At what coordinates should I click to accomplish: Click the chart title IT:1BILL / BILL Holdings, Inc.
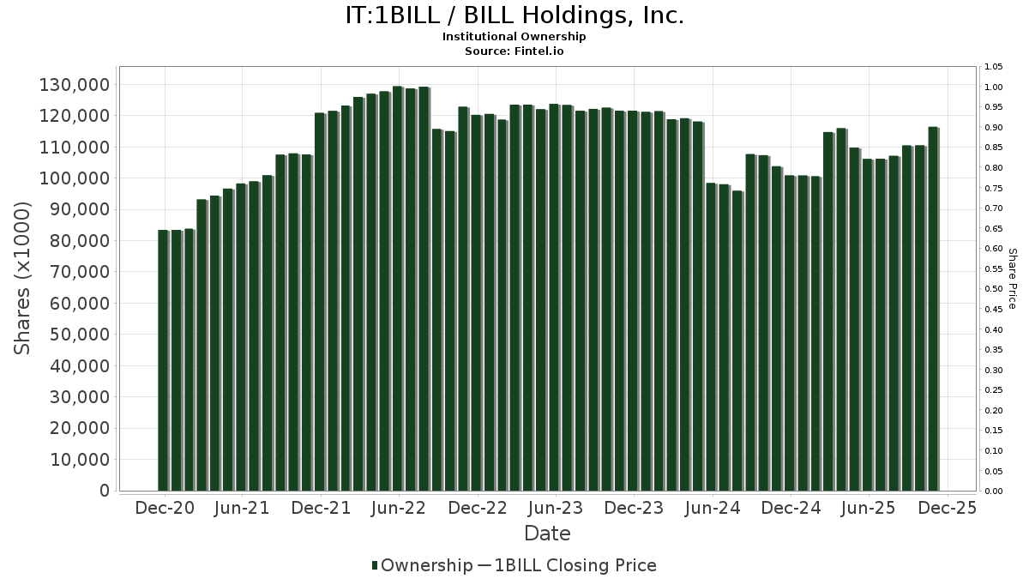(x=514, y=15)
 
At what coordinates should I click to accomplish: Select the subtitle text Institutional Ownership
(x=514, y=37)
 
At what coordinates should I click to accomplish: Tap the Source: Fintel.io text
(x=514, y=51)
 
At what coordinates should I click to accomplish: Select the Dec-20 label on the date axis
(x=165, y=508)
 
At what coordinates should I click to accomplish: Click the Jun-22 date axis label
(x=399, y=508)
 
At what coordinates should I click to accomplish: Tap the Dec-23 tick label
(x=633, y=508)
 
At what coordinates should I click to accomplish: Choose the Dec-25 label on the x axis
(x=946, y=508)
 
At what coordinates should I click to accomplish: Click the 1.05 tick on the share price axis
(x=994, y=67)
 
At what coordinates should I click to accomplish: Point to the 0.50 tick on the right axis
(x=994, y=289)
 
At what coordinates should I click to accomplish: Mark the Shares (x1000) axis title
(x=23, y=279)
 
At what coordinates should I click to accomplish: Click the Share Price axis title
(x=1012, y=279)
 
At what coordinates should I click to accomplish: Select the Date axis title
(x=547, y=534)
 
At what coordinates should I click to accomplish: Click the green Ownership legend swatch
(x=375, y=565)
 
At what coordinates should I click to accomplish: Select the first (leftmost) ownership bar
(x=162, y=360)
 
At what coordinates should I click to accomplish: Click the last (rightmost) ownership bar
(x=932, y=309)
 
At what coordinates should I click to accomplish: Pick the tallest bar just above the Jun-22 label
(x=397, y=288)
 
